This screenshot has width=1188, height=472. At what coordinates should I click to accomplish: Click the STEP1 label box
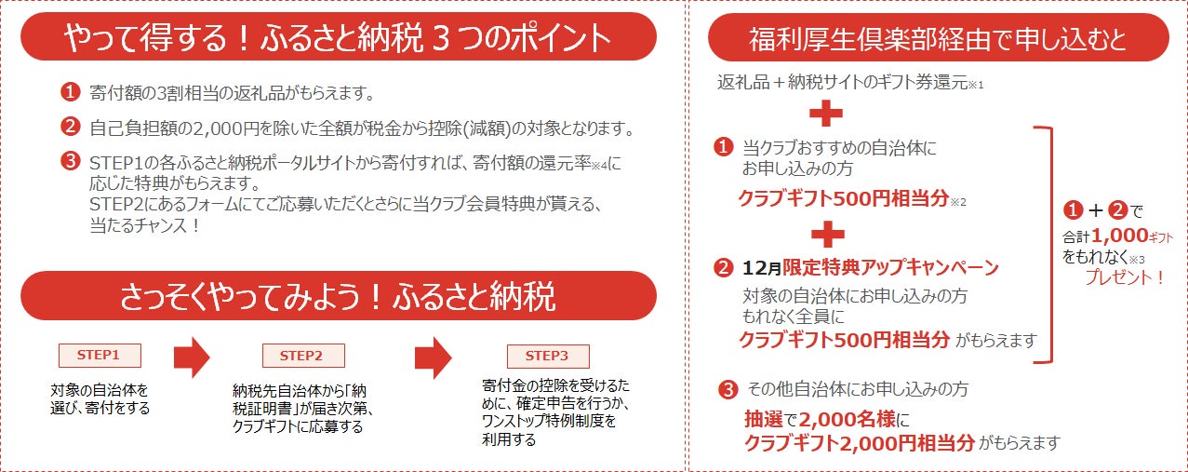[x=99, y=355]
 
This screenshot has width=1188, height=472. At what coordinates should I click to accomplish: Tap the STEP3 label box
[x=547, y=356]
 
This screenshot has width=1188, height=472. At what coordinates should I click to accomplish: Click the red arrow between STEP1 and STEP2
[x=192, y=357]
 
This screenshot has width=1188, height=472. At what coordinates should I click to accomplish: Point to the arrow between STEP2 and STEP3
[x=433, y=357]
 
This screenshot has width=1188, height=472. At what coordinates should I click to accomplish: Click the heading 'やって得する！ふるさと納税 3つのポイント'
[x=339, y=38]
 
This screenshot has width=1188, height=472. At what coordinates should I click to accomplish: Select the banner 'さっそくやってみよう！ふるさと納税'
[x=339, y=296]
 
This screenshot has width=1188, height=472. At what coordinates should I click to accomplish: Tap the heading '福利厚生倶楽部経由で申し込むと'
[x=938, y=39]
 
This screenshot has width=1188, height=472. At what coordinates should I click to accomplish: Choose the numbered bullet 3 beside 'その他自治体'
[x=728, y=389]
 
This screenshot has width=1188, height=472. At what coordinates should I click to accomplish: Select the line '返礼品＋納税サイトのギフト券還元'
[x=843, y=82]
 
